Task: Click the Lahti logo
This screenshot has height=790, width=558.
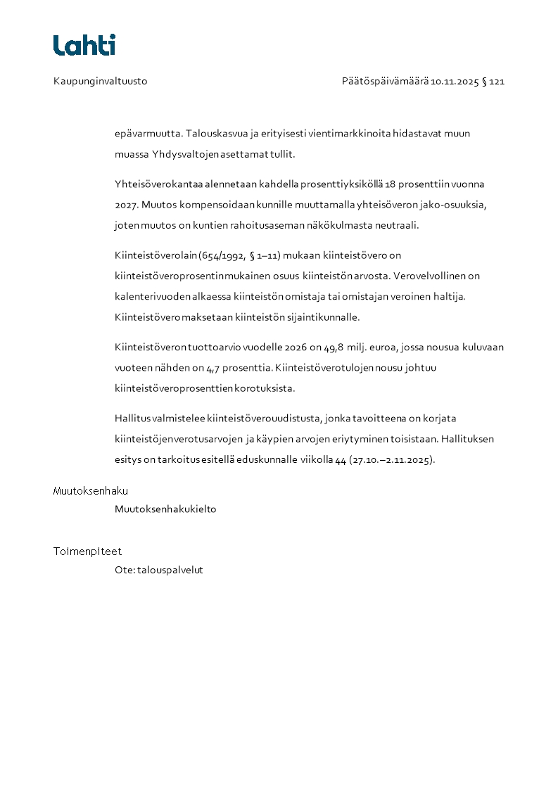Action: (84, 45)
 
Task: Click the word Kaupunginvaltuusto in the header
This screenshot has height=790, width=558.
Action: (100, 82)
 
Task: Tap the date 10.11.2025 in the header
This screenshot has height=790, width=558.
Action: (455, 82)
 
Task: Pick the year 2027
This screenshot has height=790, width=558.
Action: (127, 205)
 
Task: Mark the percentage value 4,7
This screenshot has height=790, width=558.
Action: (214, 367)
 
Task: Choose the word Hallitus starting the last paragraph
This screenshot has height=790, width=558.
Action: (132, 419)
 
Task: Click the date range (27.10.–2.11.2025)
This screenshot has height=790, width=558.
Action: (392, 460)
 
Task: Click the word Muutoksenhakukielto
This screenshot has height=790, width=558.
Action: (165, 509)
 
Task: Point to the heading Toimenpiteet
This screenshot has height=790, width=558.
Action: (87, 552)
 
